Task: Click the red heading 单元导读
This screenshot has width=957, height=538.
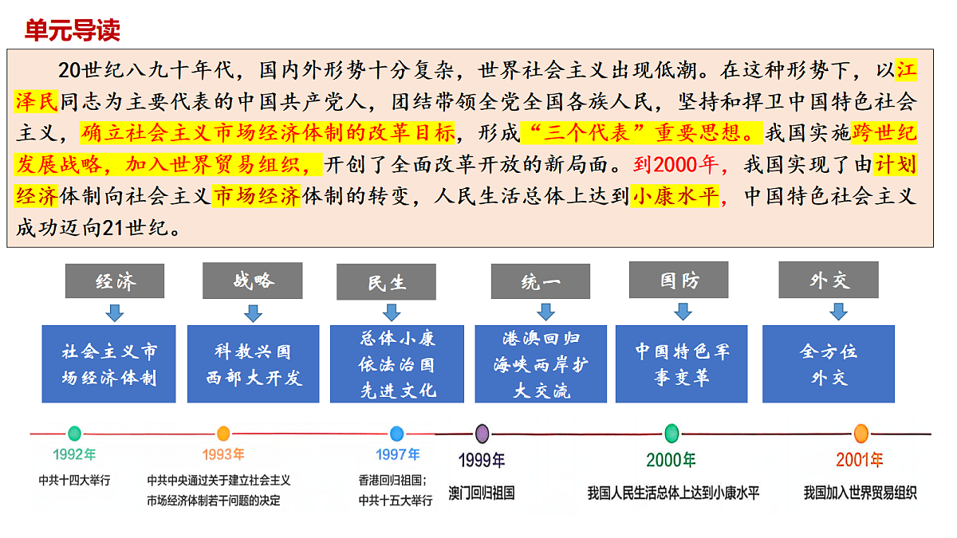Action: click(73, 30)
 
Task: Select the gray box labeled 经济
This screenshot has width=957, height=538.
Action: click(115, 281)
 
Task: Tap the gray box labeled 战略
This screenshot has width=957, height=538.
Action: click(253, 281)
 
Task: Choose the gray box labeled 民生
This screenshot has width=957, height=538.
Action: click(386, 282)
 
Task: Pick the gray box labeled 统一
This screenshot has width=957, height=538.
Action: click(541, 281)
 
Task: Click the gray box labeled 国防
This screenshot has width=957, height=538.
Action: click(679, 280)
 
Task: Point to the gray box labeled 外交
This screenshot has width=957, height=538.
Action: click(829, 280)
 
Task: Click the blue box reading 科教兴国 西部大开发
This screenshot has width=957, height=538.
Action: click(254, 363)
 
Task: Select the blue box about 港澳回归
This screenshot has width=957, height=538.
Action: click(541, 363)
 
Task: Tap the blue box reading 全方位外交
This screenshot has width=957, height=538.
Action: click(829, 363)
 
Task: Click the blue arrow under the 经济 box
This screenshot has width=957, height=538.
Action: click(115, 312)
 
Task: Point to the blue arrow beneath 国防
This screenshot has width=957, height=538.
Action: click(683, 312)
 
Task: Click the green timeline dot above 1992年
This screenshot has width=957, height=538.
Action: click(74, 434)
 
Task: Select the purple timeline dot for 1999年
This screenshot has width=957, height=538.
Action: click(482, 434)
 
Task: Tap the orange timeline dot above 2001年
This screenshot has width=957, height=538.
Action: click(861, 434)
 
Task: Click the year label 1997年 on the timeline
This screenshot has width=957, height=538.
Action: click(397, 454)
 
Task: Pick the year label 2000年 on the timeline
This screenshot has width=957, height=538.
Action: click(671, 460)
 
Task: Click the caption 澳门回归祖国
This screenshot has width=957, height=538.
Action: click(482, 493)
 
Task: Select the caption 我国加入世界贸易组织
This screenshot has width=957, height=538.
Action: click(860, 493)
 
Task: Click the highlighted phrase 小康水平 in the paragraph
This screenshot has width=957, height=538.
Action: click(675, 196)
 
